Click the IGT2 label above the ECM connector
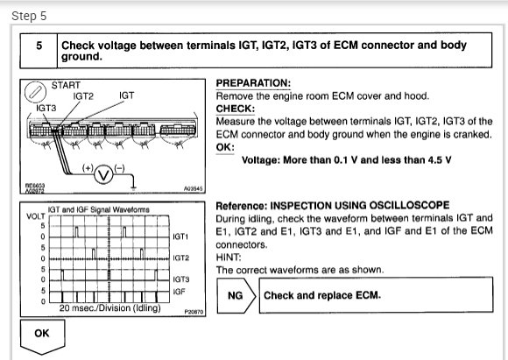point(85,96)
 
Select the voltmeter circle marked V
point(102,173)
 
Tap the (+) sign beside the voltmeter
point(88,167)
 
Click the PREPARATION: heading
point(252,83)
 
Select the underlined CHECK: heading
point(235,109)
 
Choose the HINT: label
point(229,258)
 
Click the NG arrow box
point(235,296)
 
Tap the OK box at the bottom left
point(40,334)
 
